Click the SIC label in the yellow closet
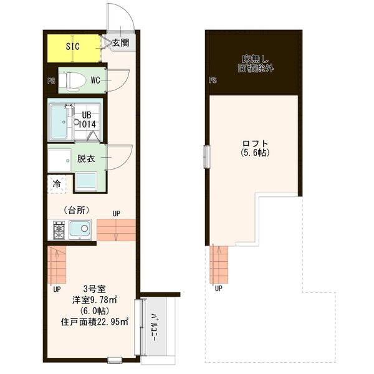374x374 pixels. [x=72, y=46]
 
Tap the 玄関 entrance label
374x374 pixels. [x=121, y=42]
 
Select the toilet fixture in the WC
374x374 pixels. [x=72, y=80]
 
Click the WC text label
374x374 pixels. [x=95, y=80]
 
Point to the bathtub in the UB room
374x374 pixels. [x=59, y=122]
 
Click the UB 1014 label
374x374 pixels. [x=87, y=120]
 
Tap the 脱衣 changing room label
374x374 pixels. [x=86, y=158]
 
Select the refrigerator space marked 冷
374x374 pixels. [x=57, y=184]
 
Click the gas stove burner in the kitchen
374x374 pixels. [x=59, y=230]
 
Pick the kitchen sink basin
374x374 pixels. [x=80, y=229]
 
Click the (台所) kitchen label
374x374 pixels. [x=77, y=210]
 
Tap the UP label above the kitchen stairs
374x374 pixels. [x=117, y=214]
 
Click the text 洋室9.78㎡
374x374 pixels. [x=95, y=300]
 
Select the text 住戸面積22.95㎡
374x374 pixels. [x=95, y=322]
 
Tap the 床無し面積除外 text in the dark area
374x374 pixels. [x=256, y=64]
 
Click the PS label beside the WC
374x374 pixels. [x=51, y=81]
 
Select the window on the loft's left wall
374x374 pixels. [x=206, y=156]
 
